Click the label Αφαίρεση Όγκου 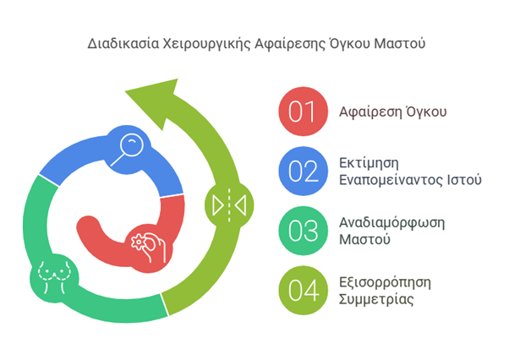(381, 112)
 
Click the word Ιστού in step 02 (463, 179)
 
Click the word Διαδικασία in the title (117, 41)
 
